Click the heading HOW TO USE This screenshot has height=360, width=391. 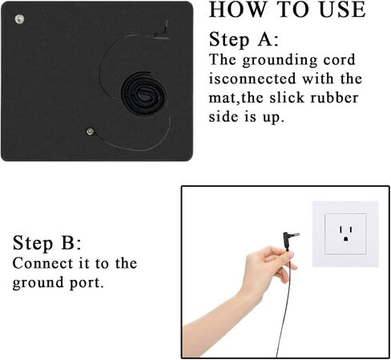tap(287, 10)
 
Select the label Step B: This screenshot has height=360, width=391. tap(46, 243)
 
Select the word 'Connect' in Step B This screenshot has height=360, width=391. tap(39, 263)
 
